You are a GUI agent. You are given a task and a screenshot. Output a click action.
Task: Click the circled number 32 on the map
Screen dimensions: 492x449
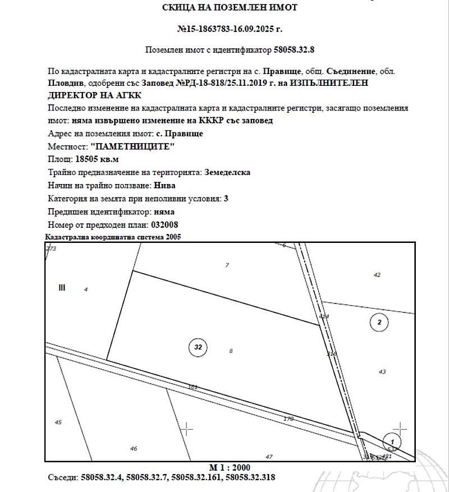point(198,347)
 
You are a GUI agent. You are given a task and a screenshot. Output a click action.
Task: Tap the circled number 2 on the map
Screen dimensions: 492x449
point(380,322)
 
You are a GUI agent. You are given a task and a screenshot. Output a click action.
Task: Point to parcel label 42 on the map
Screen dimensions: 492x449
point(377,275)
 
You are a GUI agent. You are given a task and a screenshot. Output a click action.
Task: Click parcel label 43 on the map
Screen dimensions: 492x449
point(383,371)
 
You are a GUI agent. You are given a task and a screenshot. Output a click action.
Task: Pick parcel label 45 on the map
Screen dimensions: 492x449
point(58,422)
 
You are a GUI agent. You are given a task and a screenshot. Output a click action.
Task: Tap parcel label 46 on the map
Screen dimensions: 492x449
point(134,448)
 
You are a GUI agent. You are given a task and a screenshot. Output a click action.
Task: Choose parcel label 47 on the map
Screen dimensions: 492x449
point(269,457)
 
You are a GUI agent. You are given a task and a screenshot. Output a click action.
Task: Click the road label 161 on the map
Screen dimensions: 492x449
point(193,387)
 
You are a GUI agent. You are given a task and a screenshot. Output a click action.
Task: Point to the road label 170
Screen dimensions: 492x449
point(288,419)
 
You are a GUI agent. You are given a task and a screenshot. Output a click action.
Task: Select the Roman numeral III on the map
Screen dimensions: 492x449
point(62,288)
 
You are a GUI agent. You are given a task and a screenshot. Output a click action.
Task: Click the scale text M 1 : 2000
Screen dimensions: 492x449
point(230,467)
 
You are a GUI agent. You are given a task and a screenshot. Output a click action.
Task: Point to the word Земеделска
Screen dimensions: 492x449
point(227,172)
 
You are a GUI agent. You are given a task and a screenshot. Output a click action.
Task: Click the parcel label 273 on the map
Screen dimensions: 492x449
point(52,248)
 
